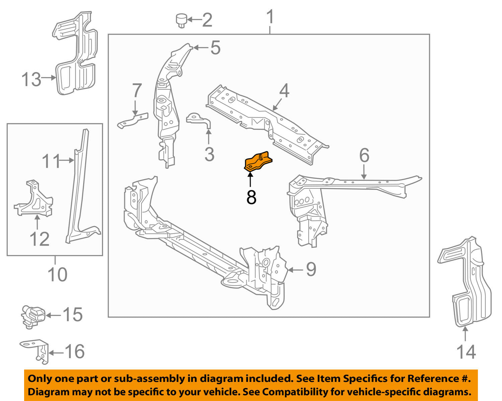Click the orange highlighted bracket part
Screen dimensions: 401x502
258,162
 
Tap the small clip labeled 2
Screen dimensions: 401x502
181,20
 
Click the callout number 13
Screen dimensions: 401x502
31,80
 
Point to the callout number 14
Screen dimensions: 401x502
466,352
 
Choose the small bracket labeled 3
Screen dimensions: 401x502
200,121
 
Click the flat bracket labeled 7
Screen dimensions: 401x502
133,120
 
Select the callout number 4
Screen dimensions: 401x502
284,91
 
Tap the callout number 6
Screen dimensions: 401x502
364,155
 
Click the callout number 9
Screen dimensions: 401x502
311,269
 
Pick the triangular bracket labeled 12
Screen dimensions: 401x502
33,200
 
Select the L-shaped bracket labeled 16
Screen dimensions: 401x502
36,351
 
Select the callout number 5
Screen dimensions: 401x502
215,48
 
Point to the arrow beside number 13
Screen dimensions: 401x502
49,78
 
